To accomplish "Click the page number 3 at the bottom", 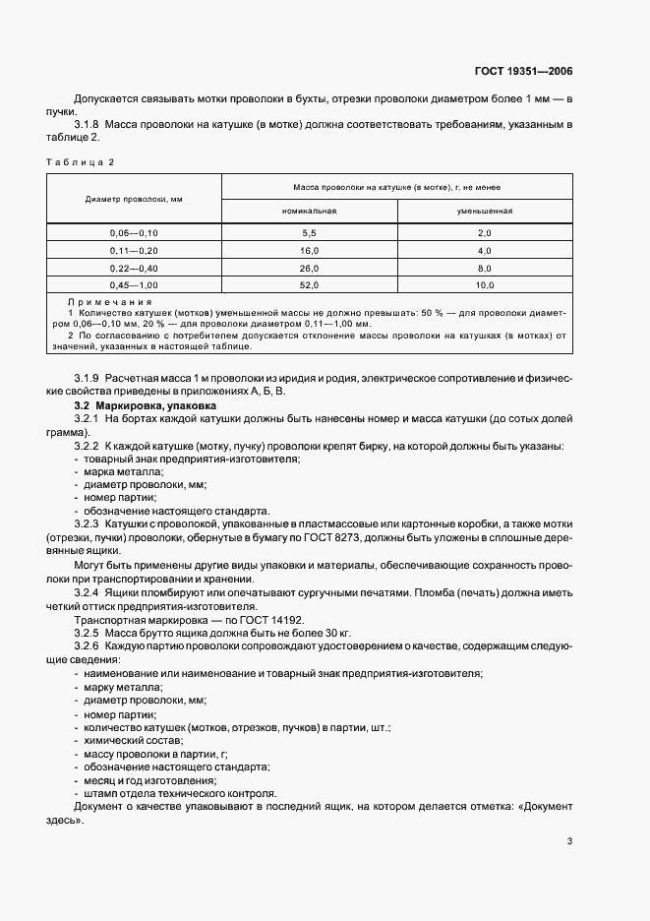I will click(x=569, y=841).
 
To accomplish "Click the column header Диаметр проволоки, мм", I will click(x=134, y=198).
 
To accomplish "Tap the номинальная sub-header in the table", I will click(x=309, y=211).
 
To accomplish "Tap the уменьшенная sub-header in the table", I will click(x=484, y=211).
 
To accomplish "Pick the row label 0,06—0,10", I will click(x=134, y=232).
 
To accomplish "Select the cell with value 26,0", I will click(x=309, y=268).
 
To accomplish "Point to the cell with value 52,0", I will click(x=309, y=284).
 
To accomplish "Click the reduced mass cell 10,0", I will click(x=484, y=284).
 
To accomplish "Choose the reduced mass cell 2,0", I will click(x=484, y=232).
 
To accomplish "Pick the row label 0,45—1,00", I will click(x=134, y=284).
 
